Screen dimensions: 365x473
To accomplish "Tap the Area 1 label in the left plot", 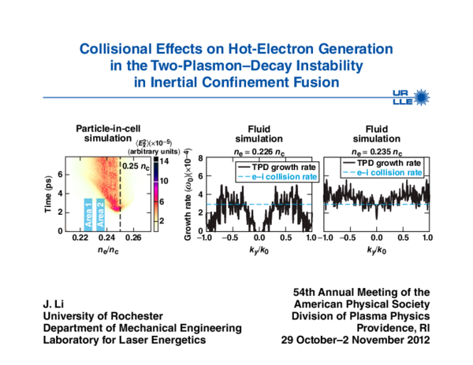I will click(x=88, y=213).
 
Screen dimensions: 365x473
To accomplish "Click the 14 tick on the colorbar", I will click(x=165, y=160).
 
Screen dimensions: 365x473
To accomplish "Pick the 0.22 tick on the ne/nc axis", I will click(x=80, y=237).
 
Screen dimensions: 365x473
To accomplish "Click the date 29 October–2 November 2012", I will click(x=356, y=341).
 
